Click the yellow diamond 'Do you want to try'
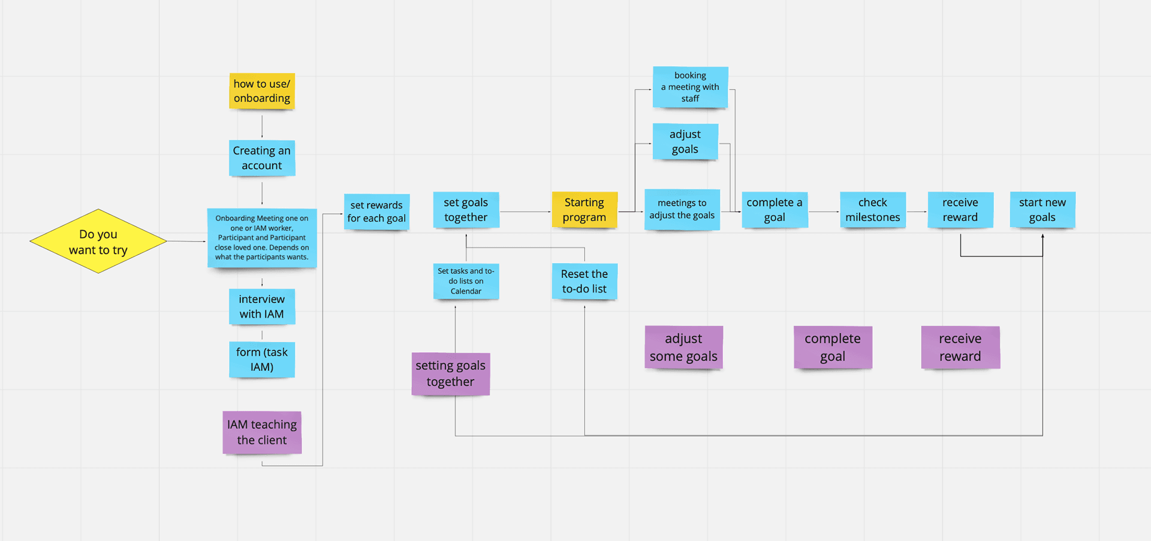(x=98, y=241)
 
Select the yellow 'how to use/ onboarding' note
(x=262, y=91)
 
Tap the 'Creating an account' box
(x=262, y=158)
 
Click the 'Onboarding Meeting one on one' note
(x=262, y=238)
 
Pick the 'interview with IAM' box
(x=262, y=307)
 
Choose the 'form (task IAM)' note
(x=262, y=359)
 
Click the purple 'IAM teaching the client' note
(x=262, y=432)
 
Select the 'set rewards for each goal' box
(x=376, y=211)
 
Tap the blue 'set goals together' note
(x=466, y=210)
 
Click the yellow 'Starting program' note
(x=584, y=210)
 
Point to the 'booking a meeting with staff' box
(x=690, y=87)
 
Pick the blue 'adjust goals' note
(x=685, y=142)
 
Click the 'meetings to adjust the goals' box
(x=682, y=210)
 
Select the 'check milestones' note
(x=873, y=210)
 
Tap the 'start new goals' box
(x=1042, y=210)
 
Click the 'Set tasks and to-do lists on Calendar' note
(x=466, y=281)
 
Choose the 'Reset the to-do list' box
(x=584, y=281)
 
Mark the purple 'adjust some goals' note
(x=683, y=347)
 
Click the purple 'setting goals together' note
(x=451, y=374)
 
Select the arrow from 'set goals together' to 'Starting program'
(x=525, y=211)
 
